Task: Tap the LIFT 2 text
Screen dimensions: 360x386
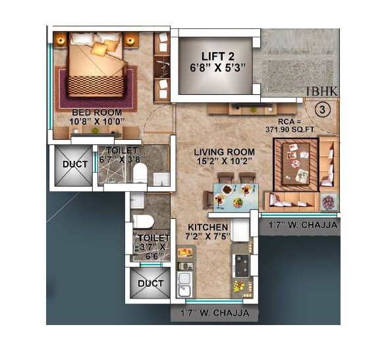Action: pos(215,54)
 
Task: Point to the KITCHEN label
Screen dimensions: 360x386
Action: pos(209,227)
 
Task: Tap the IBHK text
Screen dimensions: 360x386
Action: pos(322,92)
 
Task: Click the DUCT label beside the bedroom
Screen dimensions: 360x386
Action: pos(74,164)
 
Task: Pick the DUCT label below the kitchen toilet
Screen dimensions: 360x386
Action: pos(151,284)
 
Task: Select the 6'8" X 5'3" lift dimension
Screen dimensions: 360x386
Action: pos(215,67)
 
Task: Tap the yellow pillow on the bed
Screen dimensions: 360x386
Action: pos(99,48)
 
